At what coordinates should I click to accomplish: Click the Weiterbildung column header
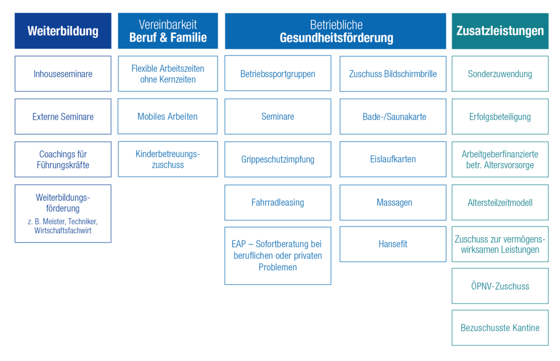tap(63, 31)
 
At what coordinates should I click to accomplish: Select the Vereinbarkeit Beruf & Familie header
tap(167, 31)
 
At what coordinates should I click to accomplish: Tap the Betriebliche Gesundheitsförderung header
tap(336, 31)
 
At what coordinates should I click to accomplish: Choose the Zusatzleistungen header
tap(500, 31)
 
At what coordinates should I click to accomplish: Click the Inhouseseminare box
tap(63, 73)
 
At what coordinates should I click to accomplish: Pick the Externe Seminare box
tap(63, 117)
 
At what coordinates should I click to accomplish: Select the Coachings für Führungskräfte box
tap(63, 159)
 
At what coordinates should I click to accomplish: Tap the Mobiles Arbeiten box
tap(167, 117)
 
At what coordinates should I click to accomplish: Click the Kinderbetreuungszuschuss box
tap(167, 159)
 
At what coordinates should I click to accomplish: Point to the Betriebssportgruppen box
tap(278, 73)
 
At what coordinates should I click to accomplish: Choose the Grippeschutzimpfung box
tap(278, 159)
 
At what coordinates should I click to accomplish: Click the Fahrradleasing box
tap(278, 202)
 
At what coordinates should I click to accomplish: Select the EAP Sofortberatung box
tap(278, 256)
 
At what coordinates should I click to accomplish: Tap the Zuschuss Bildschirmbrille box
tap(393, 73)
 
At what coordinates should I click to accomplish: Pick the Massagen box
tap(393, 202)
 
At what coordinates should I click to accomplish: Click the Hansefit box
tap(393, 244)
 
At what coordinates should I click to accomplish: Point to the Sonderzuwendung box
tap(500, 73)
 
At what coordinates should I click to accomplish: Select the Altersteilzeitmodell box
tap(500, 202)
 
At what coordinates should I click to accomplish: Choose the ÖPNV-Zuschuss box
tap(500, 286)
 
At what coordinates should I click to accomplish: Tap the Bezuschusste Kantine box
tap(500, 327)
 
